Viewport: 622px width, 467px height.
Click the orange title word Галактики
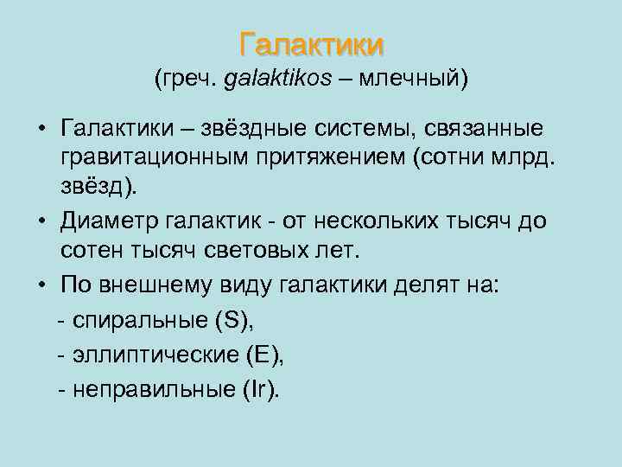point(311,43)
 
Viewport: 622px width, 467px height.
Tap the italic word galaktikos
point(277,80)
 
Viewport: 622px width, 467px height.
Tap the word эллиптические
point(155,355)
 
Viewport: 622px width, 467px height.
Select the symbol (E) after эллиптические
point(263,355)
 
